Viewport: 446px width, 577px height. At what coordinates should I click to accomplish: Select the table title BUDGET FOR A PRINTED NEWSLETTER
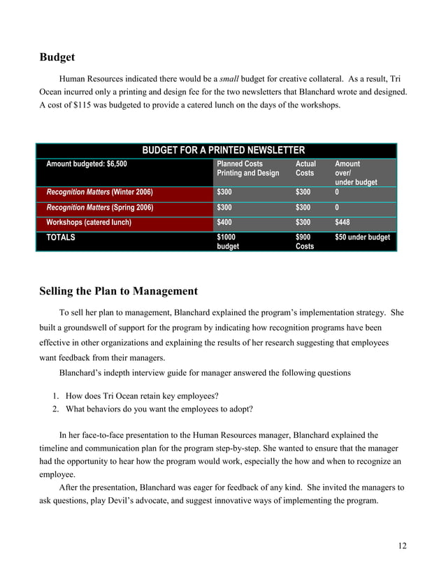(223, 150)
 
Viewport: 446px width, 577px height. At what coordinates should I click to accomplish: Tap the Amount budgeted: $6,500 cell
(87, 164)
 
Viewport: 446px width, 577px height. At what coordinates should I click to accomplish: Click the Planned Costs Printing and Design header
(247, 168)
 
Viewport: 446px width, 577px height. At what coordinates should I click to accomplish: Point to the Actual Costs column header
(305, 168)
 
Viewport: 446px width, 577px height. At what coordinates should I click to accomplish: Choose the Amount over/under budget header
(356, 173)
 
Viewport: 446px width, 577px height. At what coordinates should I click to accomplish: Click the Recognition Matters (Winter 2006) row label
(99, 192)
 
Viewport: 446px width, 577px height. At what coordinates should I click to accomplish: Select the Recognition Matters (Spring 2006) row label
(99, 207)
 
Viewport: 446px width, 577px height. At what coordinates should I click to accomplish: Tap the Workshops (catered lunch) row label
(89, 223)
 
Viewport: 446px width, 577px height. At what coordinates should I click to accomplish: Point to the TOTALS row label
(61, 238)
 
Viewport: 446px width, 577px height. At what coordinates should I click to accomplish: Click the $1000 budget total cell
(228, 242)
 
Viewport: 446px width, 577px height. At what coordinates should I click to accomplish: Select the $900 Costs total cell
(305, 242)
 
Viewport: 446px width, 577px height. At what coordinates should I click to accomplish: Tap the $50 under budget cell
(363, 238)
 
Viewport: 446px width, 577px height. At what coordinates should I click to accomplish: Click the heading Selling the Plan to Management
(118, 291)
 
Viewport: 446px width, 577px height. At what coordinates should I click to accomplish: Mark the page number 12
(401, 546)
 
